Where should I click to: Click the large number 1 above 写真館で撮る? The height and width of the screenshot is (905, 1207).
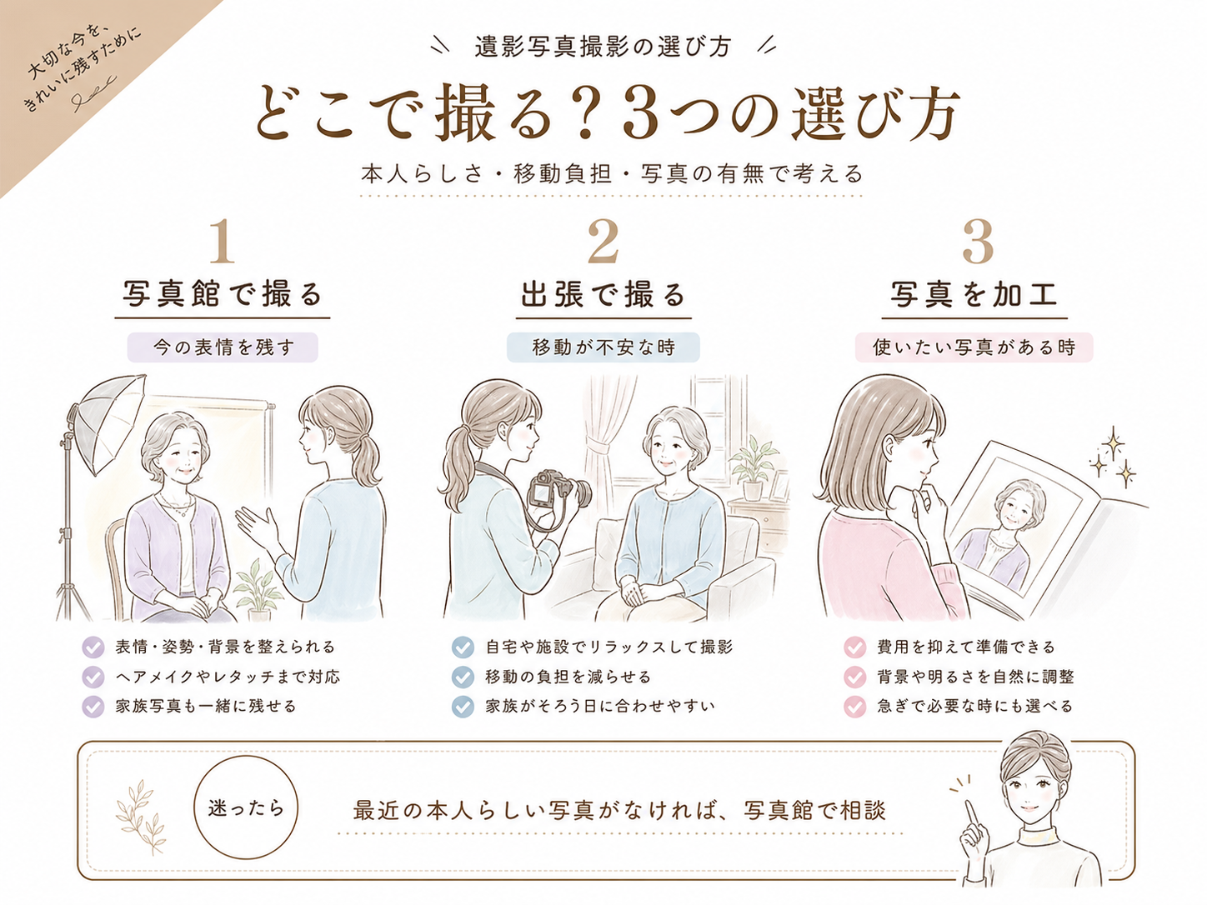point(223,241)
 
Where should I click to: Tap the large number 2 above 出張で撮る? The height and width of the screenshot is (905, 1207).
point(603,241)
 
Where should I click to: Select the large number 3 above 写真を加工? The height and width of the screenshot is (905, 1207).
point(978,241)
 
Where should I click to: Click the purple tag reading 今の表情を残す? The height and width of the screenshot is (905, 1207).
point(223,347)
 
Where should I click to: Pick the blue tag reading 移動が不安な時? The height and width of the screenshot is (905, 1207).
point(603,347)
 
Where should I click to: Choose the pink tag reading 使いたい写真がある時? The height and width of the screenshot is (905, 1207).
point(974,347)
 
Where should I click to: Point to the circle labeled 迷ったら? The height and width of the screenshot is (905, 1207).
point(246,807)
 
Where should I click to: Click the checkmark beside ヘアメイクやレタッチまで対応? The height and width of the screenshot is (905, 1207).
point(93,677)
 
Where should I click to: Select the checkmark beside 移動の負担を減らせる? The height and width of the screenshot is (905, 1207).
point(463,677)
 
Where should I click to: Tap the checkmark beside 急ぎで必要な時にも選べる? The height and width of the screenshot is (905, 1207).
point(854,707)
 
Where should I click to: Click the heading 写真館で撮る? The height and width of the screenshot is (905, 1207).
point(223,294)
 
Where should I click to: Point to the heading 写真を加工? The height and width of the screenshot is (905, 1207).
point(974,294)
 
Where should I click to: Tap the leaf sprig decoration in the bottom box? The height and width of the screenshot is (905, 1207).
point(140,817)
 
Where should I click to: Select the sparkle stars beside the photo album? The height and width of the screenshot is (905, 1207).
point(1113,457)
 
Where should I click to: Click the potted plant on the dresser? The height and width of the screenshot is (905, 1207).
point(753,467)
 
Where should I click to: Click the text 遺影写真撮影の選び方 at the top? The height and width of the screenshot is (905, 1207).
point(603,46)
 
